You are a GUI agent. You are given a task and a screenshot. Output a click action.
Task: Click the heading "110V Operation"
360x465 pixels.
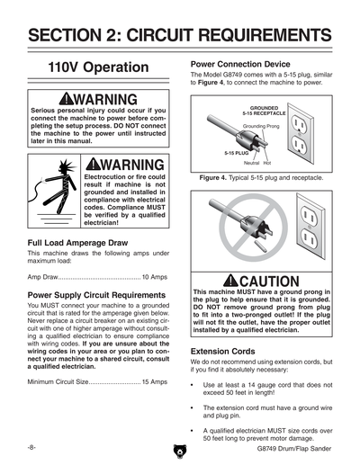click(x=98, y=67)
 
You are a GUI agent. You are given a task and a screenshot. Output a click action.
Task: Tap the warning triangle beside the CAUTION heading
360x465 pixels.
click(x=230, y=281)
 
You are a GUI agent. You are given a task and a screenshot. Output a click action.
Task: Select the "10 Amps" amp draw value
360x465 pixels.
click(x=155, y=277)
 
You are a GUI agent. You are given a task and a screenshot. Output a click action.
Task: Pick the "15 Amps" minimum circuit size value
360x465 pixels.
click(x=155, y=381)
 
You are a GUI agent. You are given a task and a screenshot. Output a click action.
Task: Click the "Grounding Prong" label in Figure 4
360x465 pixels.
click(x=261, y=126)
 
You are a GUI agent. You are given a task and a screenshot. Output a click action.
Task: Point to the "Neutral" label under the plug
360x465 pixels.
click(x=251, y=163)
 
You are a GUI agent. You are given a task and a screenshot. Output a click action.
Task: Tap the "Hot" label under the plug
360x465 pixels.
click(x=267, y=163)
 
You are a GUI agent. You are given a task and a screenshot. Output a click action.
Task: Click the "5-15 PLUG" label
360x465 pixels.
click(x=237, y=153)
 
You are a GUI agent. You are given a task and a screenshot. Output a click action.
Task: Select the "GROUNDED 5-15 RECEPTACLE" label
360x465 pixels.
click(x=264, y=111)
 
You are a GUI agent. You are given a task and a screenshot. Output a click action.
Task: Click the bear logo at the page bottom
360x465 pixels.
click(x=180, y=452)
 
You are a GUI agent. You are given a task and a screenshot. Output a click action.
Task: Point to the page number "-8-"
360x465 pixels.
click(x=31, y=448)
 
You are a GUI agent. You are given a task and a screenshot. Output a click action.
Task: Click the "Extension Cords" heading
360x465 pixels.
click(x=223, y=352)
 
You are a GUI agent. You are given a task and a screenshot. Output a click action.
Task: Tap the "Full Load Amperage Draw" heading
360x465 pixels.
click(x=77, y=243)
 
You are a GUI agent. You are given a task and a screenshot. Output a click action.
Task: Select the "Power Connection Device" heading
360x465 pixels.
click(x=240, y=64)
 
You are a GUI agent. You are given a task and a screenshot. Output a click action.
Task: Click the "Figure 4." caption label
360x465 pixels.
click(x=213, y=178)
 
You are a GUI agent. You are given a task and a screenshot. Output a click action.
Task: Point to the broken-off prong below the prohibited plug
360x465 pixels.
click(x=260, y=246)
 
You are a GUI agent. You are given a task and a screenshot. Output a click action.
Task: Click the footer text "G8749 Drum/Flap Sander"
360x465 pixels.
click(x=294, y=449)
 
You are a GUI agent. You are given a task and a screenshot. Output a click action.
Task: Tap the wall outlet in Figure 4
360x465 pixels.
click(x=301, y=133)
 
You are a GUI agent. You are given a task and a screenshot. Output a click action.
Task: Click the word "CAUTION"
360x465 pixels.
click(x=269, y=282)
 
